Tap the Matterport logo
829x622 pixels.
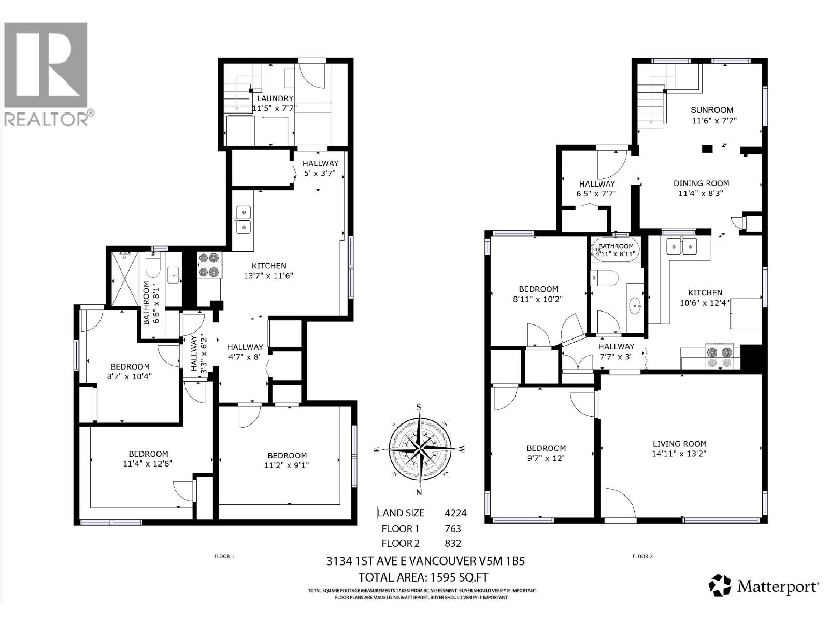764,586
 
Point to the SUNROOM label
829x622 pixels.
712,110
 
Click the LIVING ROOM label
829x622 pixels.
679,444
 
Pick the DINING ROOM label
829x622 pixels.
701,183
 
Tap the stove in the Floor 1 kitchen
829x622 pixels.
210,264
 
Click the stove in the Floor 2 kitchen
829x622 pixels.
720,357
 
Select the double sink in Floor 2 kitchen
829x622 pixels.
682,246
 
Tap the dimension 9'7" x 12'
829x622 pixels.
546,458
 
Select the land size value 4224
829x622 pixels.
455,513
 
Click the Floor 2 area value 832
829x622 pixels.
452,543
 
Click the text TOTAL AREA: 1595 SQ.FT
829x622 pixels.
423,577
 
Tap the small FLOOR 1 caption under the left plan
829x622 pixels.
224,556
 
